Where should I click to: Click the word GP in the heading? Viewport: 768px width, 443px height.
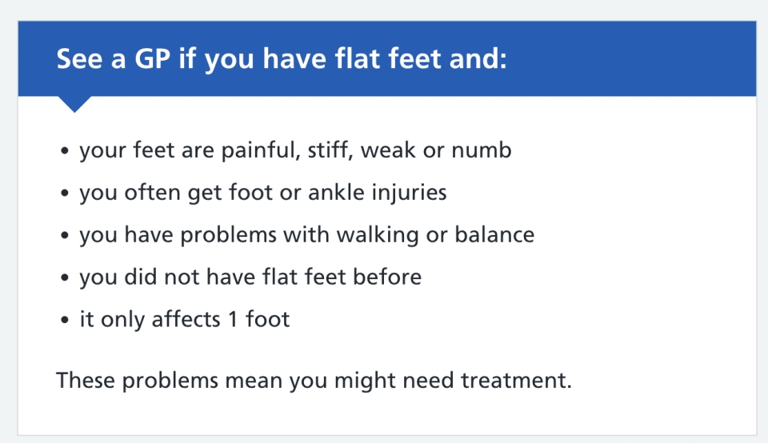click(x=152, y=58)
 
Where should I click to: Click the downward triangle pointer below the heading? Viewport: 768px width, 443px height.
click(x=74, y=104)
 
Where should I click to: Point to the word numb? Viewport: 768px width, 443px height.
click(x=482, y=150)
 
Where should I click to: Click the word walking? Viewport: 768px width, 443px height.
click(x=378, y=235)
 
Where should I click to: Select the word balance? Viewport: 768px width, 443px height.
click(x=494, y=234)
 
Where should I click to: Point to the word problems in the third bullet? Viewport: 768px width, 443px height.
click(x=229, y=235)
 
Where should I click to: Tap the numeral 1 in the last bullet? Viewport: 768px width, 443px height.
click(x=233, y=320)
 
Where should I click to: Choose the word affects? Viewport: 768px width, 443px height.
click(x=186, y=319)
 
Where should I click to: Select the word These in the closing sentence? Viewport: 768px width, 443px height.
click(x=86, y=381)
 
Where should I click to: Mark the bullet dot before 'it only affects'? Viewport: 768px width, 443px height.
click(x=65, y=320)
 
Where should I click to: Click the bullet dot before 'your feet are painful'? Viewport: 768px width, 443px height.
click(x=65, y=151)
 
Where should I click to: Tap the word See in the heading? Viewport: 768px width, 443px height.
click(x=80, y=58)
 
